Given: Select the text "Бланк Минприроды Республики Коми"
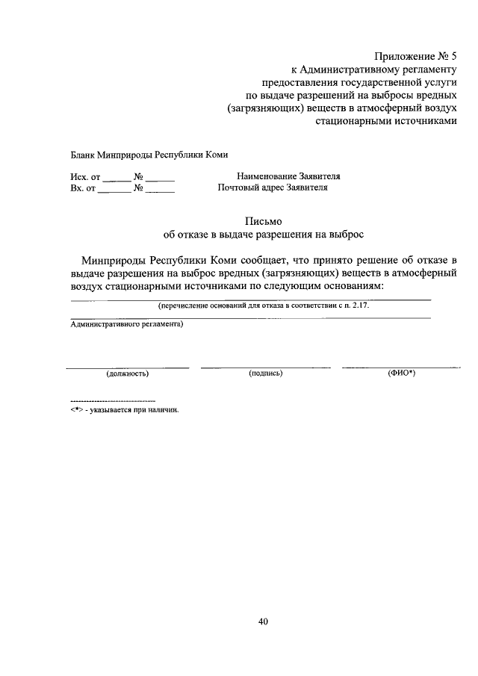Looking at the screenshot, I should [x=139, y=155].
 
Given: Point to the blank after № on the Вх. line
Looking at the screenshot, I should [x=160, y=190].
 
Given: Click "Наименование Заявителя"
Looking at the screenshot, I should [x=288, y=176].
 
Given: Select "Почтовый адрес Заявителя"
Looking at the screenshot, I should [x=273, y=188].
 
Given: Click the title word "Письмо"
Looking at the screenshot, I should [x=263, y=220].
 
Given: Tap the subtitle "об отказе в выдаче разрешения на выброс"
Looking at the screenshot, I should [x=263, y=235].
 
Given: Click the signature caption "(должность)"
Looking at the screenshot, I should [x=128, y=372].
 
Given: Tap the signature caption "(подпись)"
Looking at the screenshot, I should [x=265, y=372].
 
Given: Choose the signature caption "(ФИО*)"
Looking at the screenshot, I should [x=401, y=372].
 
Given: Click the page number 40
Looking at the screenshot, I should [x=263, y=621].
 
